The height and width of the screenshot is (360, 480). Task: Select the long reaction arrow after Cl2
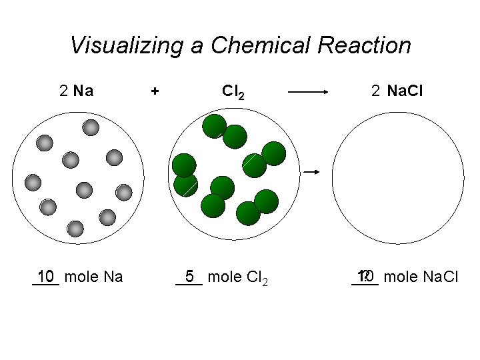coord(309,93)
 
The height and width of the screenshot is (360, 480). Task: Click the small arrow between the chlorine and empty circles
coord(312,172)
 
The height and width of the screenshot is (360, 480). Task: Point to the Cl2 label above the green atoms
coord(232,91)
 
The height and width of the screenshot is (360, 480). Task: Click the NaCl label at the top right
coord(405,91)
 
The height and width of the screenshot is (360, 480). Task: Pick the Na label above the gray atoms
coord(83,91)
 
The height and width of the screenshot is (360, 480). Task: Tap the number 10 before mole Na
coord(46,276)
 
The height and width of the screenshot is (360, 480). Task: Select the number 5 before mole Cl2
coord(190,276)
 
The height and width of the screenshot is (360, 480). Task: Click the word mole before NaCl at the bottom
coord(399,276)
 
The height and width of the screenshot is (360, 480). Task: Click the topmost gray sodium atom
coord(91,127)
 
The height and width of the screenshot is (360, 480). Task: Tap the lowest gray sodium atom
coord(75,229)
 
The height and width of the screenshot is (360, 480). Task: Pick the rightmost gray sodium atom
coord(123,193)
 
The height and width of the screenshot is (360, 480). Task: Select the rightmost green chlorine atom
coord(273,153)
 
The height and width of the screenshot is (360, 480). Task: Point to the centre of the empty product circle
coord(398,179)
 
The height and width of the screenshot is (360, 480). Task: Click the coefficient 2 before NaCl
coord(376,91)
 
